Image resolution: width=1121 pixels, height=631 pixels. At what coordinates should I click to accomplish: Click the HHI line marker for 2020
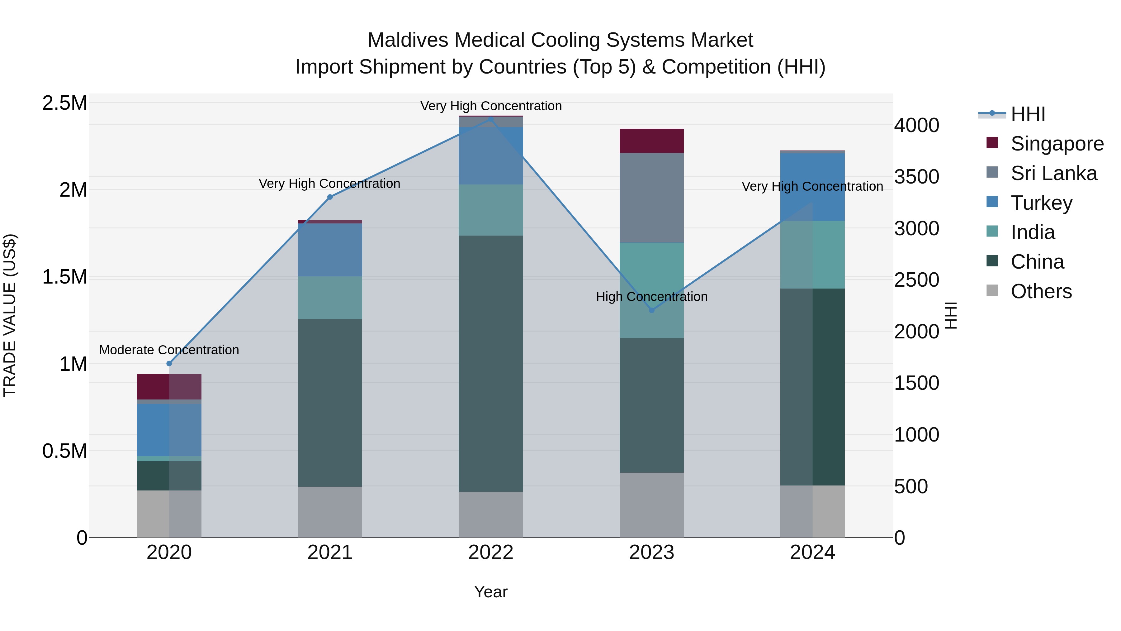[x=169, y=364]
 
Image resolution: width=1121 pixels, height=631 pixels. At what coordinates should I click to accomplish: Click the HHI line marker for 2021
[x=330, y=197]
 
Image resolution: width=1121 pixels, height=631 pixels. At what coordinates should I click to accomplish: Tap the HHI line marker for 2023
[x=651, y=310]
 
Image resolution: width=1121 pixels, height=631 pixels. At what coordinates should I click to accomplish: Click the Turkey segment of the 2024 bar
[x=812, y=187]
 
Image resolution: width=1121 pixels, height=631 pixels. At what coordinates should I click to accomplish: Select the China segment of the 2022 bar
[x=490, y=364]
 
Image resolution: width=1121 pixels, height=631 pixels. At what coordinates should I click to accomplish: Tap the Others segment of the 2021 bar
[x=330, y=512]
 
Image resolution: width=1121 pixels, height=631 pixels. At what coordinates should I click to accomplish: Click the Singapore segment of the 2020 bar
[x=169, y=387]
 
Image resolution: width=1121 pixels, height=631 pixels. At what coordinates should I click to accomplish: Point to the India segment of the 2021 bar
[x=330, y=298]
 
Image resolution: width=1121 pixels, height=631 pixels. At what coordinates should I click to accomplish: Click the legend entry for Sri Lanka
[x=1053, y=173]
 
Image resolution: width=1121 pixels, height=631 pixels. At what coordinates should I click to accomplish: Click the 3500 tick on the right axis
[x=916, y=177]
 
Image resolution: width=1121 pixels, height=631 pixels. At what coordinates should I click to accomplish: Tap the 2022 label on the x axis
[x=490, y=552]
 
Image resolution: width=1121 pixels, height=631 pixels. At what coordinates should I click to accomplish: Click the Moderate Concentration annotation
[x=169, y=350]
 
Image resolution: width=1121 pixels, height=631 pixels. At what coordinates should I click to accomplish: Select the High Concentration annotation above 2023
[x=651, y=297]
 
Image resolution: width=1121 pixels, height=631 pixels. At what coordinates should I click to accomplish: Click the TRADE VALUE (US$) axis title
[x=10, y=315]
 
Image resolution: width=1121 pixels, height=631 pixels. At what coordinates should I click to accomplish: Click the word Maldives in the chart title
[x=408, y=40]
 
